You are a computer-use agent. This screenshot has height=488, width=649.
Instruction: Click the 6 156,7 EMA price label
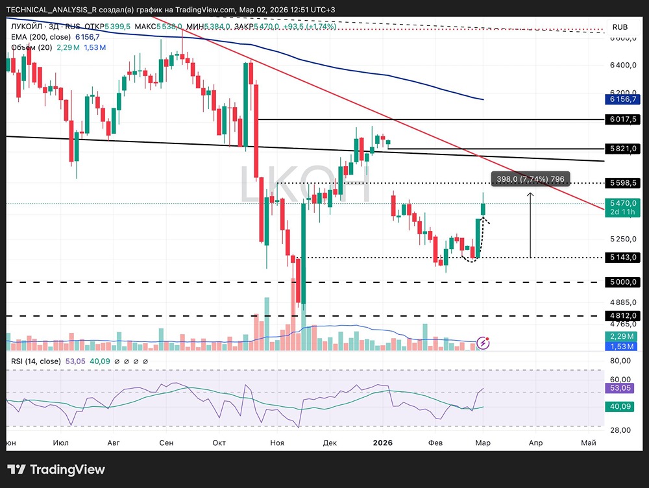624,99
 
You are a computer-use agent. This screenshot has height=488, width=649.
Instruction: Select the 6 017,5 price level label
624,120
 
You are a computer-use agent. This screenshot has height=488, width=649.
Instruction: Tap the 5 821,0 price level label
624,149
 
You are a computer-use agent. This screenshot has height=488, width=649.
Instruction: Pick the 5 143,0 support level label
624,258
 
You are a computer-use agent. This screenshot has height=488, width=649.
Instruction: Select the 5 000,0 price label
624,282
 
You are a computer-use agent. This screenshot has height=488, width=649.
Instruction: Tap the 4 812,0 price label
624,316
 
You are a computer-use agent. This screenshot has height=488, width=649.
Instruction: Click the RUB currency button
620,27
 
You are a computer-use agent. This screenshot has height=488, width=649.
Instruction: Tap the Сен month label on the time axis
166,443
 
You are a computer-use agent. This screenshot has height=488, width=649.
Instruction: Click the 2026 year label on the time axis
383,443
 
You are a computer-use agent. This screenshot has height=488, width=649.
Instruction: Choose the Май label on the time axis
588,443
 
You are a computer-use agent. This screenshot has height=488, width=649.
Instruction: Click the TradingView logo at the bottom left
56,470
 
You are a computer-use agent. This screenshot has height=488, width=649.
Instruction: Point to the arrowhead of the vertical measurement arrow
530,193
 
